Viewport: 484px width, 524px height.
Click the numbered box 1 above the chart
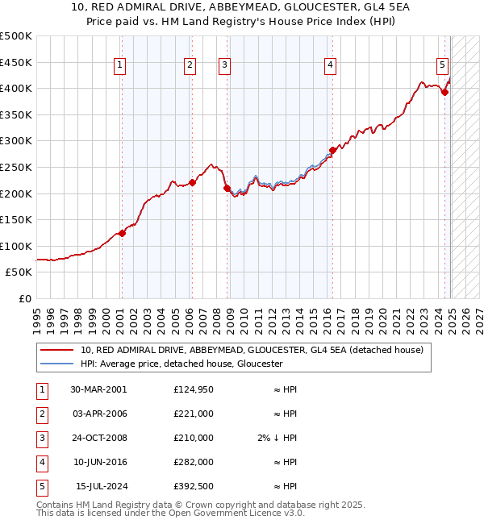[x=119, y=65]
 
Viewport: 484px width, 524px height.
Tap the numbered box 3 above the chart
[x=224, y=65]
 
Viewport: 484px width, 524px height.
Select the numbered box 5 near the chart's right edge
[x=443, y=65]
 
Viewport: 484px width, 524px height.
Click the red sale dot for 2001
[x=122, y=233]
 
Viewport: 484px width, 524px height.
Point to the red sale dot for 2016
[x=332, y=150]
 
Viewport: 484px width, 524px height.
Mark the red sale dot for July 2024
[x=444, y=92]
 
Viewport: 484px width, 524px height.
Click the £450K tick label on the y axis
[x=16, y=62]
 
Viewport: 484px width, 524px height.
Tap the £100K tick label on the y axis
[x=16, y=246]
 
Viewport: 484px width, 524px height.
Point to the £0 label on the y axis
[x=24, y=298]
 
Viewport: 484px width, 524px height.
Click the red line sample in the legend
[x=56, y=350]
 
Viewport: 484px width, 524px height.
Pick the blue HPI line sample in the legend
[x=56, y=364]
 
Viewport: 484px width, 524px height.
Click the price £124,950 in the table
[x=193, y=389]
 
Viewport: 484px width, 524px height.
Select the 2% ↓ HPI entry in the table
[x=277, y=438]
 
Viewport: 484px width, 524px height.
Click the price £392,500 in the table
[x=193, y=486]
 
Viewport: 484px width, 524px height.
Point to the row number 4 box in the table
[x=41, y=462]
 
